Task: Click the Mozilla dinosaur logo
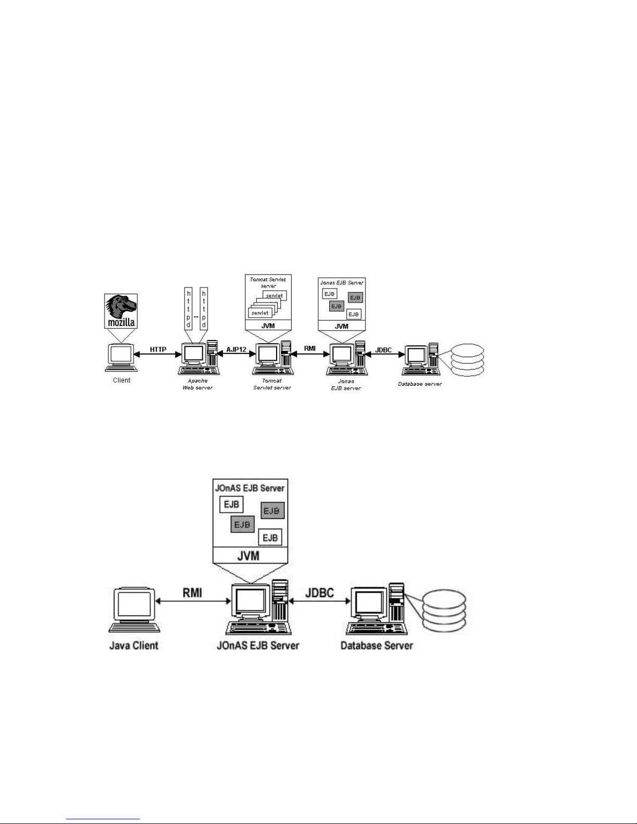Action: pos(121,310)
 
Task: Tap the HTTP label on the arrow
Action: pos(158,350)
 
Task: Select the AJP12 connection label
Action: pos(236,350)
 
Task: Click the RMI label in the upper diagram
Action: pos(309,348)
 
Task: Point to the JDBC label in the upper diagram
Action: pos(383,350)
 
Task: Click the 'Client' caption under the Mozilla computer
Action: pos(122,380)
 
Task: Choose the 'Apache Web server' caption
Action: pos(197,384)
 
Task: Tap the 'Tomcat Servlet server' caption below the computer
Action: pos(272,384)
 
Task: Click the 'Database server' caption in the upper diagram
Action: pos(420,384)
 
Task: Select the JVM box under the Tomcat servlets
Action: pos(268,326)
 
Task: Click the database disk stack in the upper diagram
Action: pos(467,360)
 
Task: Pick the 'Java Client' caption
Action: pos(134,646)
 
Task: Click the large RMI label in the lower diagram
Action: pos(192,593)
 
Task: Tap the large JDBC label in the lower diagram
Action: pos(319,593)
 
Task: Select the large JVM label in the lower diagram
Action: pos(249,556)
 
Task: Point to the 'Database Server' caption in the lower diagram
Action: pos(376,646)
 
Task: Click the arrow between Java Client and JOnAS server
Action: pos(192,601)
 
